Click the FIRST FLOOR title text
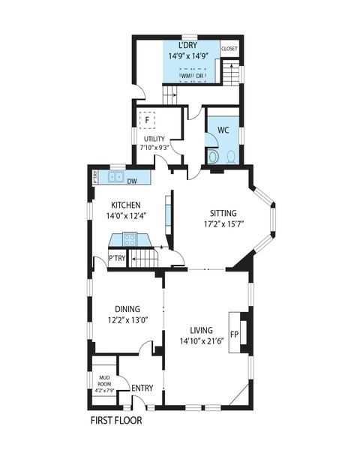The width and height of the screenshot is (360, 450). (116, 421)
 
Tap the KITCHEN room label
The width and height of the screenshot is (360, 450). (126, 205)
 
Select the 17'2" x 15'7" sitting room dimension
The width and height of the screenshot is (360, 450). (224, 224)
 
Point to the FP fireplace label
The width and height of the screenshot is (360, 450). (235, 334)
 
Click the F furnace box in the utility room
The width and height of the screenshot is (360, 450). (147, 120)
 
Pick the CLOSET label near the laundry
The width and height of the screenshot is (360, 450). (229, 49)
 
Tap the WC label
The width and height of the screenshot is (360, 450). (223, 130)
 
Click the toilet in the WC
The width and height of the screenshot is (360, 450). (232, 157)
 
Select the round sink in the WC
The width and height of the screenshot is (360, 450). (213, 157)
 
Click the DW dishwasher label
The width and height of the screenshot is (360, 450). (132, 181)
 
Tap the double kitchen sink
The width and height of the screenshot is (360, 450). (116, 176)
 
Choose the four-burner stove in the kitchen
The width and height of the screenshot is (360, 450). (130, 239)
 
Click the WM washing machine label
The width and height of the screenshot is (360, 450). (186, 76)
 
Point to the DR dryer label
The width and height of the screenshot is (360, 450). (199, 76)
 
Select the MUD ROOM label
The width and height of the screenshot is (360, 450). (104, 381)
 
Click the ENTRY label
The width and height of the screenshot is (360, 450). (142, 388)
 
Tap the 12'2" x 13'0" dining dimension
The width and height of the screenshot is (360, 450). (127, 320)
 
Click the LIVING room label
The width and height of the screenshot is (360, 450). (202, 330)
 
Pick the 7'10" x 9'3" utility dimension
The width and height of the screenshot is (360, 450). (154, 148)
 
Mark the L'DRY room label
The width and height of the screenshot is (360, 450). (188, 45)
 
